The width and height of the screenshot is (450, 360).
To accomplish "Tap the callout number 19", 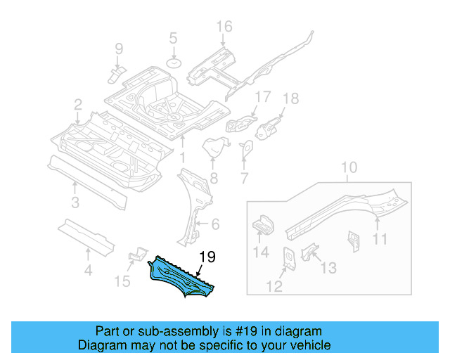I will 207,257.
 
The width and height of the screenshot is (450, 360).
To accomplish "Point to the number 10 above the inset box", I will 349,167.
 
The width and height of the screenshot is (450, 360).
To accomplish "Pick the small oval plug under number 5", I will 174,64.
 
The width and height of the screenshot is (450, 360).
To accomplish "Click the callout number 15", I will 123,281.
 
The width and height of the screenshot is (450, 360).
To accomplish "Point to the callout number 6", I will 215,224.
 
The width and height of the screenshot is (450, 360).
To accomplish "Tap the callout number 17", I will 262,96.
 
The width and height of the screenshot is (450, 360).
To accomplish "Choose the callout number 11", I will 380,240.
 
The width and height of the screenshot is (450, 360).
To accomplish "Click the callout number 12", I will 275,285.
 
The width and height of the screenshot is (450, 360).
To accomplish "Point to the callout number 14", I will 260,254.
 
